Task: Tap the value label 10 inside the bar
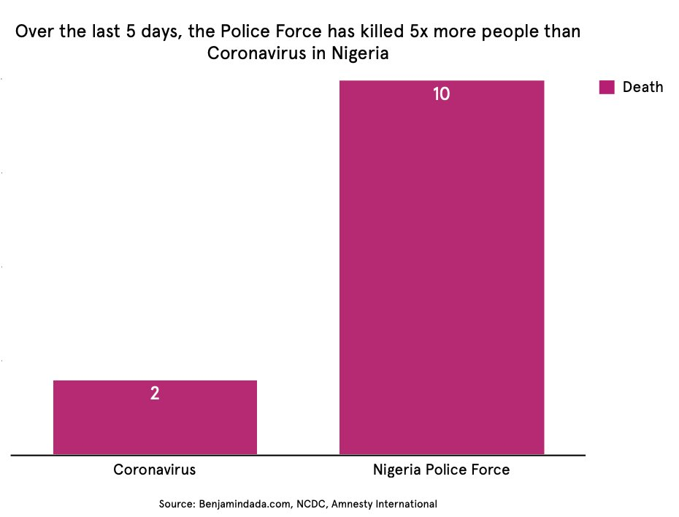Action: coord(441,94)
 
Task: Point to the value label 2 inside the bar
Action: coord(155,394)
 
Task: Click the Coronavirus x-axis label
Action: coord(155,470)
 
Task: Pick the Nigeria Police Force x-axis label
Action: coord(441,470)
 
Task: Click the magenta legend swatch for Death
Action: coord(607,87)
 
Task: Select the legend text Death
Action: coord(642,87)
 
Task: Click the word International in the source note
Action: coord(406,504)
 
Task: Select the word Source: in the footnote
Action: coord(176,504)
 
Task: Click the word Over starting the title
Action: coord(32,33)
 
